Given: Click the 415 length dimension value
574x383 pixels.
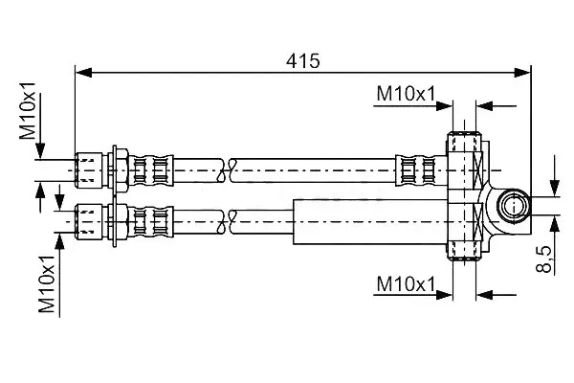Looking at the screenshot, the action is (302, 61).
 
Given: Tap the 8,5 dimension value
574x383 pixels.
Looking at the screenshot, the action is (544, 259).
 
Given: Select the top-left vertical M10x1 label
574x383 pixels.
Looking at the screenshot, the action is (28, 111).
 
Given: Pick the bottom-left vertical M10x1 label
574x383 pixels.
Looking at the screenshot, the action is (47, 284).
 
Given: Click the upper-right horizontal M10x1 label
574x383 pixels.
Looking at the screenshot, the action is (407, 94).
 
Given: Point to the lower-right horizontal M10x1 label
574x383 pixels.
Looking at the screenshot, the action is (407, 284).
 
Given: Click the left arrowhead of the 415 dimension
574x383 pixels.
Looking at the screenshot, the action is (83, 73).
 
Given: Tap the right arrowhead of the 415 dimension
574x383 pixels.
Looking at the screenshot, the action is (522, 73).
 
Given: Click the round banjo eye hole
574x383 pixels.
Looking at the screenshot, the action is (513, 206).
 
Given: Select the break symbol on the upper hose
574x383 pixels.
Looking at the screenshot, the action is (226, 170).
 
